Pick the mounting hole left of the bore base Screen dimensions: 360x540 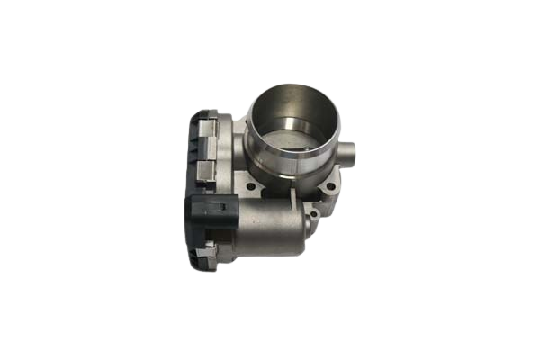click(x=251, y=187)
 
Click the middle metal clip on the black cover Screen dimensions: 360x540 click(x=205, y=170)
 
